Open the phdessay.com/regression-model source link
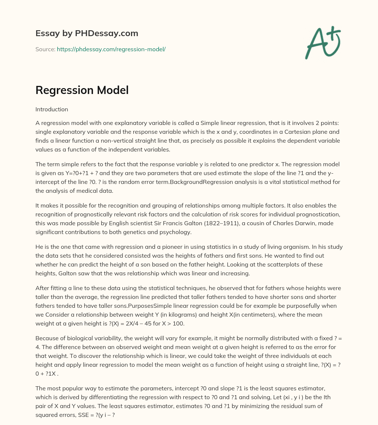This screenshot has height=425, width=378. (111, 49)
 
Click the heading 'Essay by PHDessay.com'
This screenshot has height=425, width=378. (87, 33)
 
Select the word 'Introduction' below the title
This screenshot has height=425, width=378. (52, 109)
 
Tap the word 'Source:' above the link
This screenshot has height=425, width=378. (45, 49)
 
